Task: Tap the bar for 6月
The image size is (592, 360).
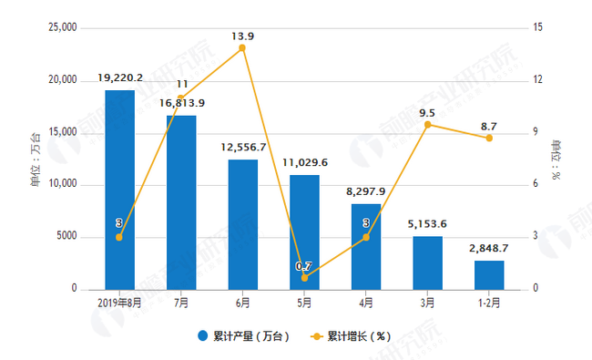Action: (242, 224)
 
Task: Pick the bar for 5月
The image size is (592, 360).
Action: (304, 231)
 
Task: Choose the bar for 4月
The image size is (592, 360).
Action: (366, 246)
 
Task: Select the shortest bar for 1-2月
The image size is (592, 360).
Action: (489, 274)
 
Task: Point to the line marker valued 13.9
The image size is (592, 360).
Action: (242, 47)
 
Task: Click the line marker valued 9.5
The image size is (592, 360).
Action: (427, 124)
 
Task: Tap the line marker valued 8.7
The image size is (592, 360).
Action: (489, 138)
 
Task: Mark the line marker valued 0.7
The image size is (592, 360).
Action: (304, 277)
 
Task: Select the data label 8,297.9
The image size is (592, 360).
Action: (366, 193)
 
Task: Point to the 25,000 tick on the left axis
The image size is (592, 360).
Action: (62, 28)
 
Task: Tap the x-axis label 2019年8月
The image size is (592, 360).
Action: (119, 301)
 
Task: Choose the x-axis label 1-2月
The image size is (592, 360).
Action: (489, 301)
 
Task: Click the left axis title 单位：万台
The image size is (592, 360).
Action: (36, 159)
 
